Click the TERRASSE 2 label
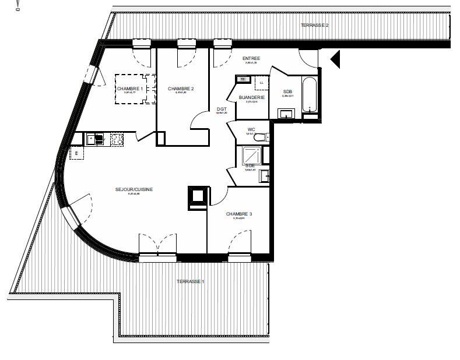point(315,25)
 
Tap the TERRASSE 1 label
point(191,281)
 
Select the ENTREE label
point(251,58)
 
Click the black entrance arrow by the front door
point(335,59)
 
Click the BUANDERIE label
point(251,97)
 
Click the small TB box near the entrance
point(242,79)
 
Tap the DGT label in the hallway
point(222,109)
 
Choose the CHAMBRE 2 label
point(181,89)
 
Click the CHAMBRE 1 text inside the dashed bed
point(130,89)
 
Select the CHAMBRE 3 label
point(239,214)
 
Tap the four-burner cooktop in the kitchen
point(117,139)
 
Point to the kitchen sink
point(94,139)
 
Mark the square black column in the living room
point(196,196)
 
